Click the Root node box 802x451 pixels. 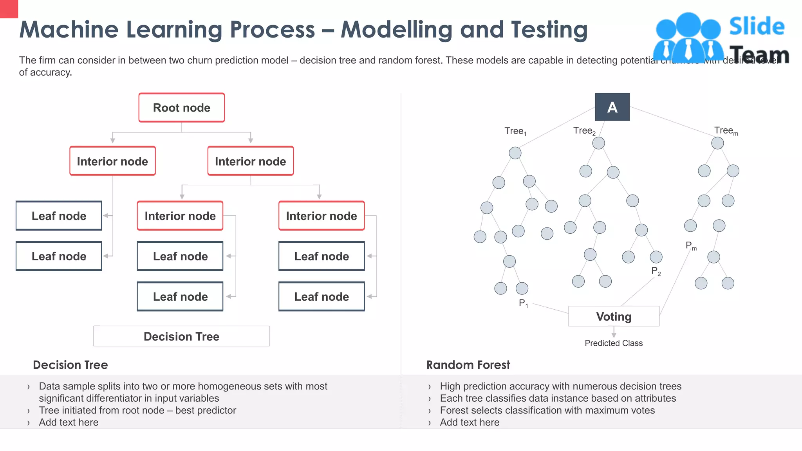tap(181, 108)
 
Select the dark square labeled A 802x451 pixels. tap(612, 107)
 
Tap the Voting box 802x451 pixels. tap(614, 316)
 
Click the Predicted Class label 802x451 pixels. tap(614, 343)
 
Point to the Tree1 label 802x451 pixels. tap(515, 131)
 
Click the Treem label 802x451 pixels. tap(726, 131)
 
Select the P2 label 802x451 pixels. tap(656, 271)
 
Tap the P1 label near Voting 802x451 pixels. tap(523, 303)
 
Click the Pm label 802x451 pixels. tap(691, 246)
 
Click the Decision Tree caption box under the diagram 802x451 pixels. tap(181, 336)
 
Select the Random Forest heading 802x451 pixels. tap(468, 365)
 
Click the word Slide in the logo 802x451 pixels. tap(757, 27)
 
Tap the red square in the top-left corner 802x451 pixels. tap(9, 9)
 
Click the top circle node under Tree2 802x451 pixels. tap(598, 143)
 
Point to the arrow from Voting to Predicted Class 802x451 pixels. tap(614, 332)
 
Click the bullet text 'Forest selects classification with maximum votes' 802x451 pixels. tap(547, 410)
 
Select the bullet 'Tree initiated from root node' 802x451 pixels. tap(137, 410)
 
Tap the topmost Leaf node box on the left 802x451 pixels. tap(59, 216)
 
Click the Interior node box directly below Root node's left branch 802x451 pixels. tap(112, 161)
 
